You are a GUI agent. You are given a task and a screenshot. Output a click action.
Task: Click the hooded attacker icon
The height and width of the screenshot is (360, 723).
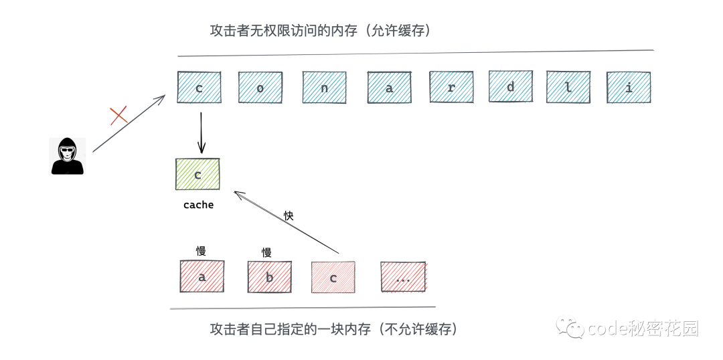68,156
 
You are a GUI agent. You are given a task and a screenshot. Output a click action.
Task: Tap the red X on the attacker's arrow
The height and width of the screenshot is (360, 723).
118,116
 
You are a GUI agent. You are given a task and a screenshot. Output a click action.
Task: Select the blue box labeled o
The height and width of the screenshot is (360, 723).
260,88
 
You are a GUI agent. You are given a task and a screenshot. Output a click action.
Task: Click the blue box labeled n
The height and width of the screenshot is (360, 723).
324,88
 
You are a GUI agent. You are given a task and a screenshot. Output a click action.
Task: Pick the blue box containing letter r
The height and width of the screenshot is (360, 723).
451,88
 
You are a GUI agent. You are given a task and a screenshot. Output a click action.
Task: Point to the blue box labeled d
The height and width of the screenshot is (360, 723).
511,87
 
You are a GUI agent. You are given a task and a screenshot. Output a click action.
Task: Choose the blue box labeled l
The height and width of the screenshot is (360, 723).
568,88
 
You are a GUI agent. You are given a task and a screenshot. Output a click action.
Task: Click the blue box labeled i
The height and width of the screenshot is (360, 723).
629,88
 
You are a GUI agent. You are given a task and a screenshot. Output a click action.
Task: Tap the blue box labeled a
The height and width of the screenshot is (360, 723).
389,88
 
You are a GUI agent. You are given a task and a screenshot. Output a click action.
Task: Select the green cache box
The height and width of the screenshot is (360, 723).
197,175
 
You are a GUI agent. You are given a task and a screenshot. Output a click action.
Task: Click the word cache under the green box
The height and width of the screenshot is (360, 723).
198,205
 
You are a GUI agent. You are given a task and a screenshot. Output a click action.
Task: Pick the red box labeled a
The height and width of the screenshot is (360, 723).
202,276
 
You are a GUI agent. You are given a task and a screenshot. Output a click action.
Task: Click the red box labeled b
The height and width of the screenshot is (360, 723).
269,276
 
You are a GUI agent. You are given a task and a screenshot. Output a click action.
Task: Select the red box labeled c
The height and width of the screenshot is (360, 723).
333,277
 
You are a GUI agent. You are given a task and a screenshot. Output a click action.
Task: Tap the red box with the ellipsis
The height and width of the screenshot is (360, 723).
403,277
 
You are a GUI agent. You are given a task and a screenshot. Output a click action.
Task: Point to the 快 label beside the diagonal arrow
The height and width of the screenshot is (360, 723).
289,215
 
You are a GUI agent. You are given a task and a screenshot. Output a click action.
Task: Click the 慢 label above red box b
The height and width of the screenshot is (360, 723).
266,252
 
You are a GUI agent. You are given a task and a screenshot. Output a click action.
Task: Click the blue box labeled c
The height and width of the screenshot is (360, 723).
199,88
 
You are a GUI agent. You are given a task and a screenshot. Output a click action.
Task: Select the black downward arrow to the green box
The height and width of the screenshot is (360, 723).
200,132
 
